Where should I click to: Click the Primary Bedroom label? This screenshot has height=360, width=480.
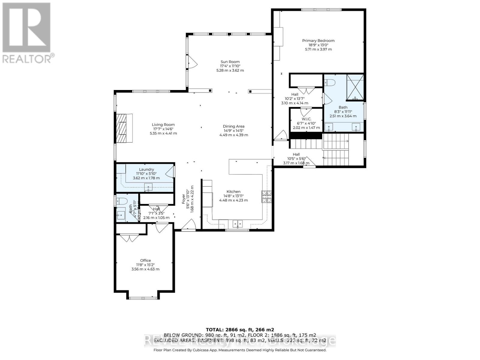(318, 40)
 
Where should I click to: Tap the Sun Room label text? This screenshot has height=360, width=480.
(230, 62)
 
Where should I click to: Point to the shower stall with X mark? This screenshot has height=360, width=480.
(355, 87)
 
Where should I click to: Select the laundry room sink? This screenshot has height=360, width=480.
(148, 187)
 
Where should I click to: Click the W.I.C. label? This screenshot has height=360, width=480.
(306, 119)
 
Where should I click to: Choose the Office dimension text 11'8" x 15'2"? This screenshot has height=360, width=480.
(145, 265)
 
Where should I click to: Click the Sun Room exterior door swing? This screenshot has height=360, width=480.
(192, 63)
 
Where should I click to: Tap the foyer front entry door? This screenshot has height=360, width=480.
(190, 225)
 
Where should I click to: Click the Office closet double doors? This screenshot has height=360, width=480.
(129, 238)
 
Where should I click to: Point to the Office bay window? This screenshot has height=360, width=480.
(143, 298)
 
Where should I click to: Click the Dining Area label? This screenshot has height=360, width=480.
(233, 126)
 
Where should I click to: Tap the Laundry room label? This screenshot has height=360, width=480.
(146, 169)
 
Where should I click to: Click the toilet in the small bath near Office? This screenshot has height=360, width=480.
(123, 201)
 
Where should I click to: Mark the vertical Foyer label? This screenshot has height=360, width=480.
(184, 197)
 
